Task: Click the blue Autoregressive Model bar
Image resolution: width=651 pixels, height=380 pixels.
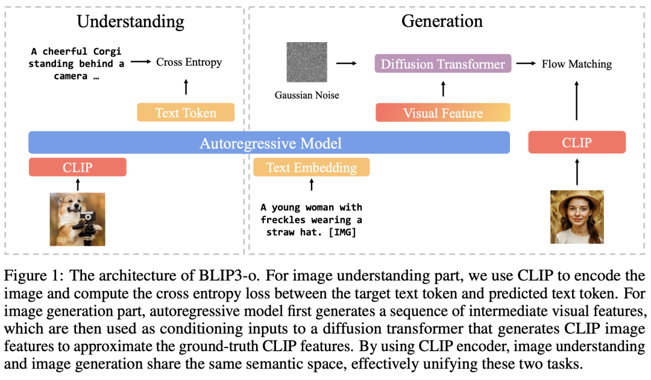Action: click(x=269, y=143)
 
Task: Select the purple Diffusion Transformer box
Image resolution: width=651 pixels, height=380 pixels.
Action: click(x=443, y=64)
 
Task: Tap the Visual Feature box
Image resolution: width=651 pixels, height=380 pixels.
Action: click(x=443, y=113)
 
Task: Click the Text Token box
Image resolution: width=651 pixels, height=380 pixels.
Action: click(x=186, y=113)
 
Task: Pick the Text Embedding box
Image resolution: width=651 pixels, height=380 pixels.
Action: click(x=312, y=167)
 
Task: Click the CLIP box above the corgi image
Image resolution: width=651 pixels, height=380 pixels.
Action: click(x=78, y=167)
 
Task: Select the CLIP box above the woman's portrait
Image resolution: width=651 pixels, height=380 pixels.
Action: click(x=577, y=142)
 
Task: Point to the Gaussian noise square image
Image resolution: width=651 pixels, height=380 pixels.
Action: click(x=307, y=62)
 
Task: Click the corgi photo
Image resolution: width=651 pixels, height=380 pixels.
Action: click(x=78, y=219)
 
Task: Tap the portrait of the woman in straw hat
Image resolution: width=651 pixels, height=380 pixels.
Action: click(x=577, y=217)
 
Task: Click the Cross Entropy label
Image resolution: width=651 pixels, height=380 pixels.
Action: click(x=189, y=62)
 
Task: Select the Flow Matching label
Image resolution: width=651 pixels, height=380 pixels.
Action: click(x=577, y=64)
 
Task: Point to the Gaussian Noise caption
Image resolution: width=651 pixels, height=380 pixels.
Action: click(x=307, y=95)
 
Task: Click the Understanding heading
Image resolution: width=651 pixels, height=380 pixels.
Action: click(x=130, y=22)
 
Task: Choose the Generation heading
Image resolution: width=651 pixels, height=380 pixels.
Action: click(x=442, y=21)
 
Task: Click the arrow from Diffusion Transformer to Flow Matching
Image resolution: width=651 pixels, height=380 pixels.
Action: click(x=526, y=63)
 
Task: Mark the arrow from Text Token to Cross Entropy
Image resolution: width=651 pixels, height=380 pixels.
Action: click(x=186, y=87)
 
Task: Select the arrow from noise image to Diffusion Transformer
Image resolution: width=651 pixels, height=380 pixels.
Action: click(x=346, y=63)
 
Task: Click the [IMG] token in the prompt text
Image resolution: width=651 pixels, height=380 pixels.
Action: click(x=342, y=232)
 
